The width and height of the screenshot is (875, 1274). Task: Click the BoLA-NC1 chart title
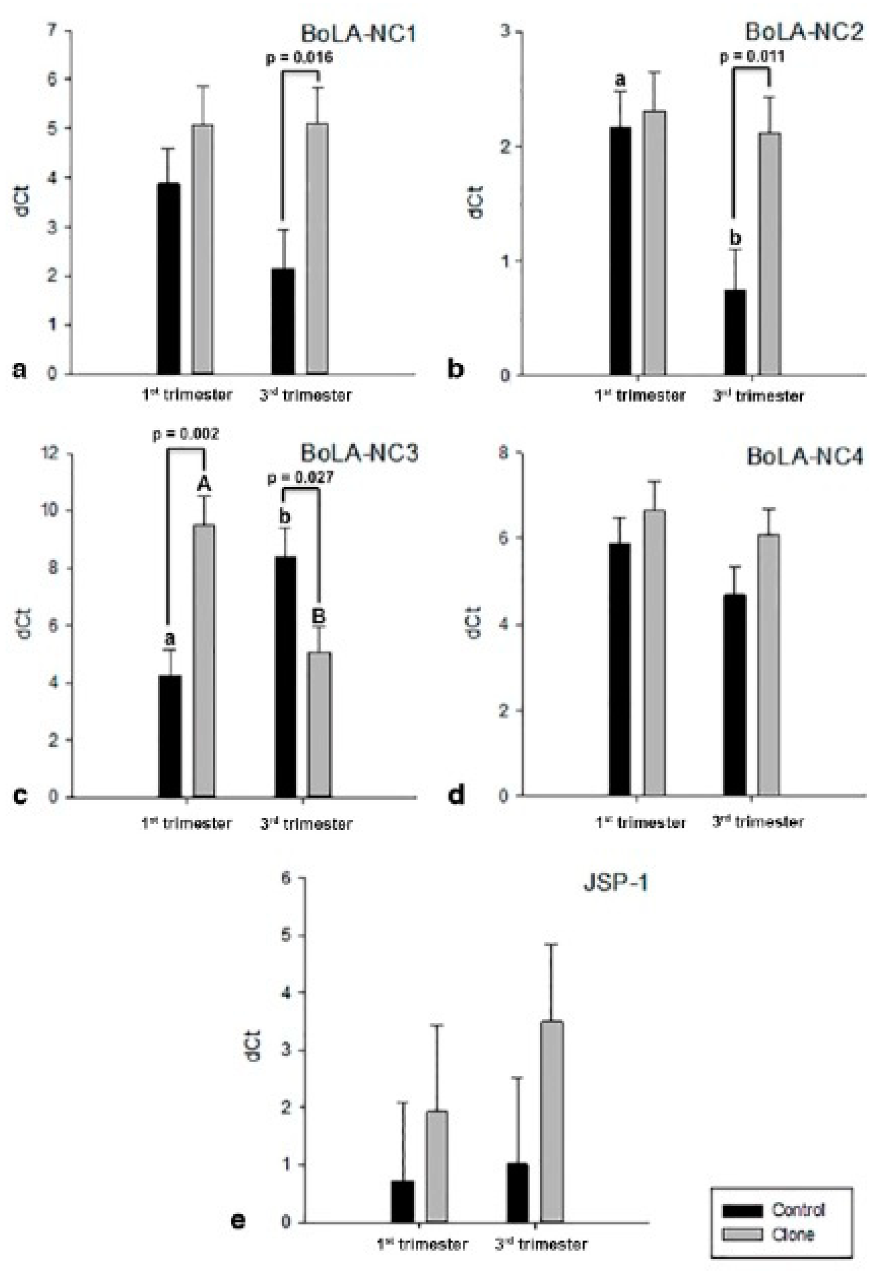pyautogui.click(x=359, y=34)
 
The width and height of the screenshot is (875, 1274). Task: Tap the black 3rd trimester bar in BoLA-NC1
pyautogui.click(x=283, y=321)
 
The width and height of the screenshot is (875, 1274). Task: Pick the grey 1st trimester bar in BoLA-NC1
pyautogui.click(x=203, y=249)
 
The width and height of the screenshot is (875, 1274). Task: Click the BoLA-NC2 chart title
pyautogui.click(x=803, y=32)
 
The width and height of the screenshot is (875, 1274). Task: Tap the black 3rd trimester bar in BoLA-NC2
pyautogui.click(x=735, y=332)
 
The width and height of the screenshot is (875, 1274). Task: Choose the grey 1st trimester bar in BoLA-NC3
pyautogui.click(x=204, y=660)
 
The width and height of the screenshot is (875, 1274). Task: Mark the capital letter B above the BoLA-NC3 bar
pyautogui.click(x=318, y=616)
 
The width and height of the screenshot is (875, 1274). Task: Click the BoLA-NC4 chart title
pyautogui.click(x=804, y=457)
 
